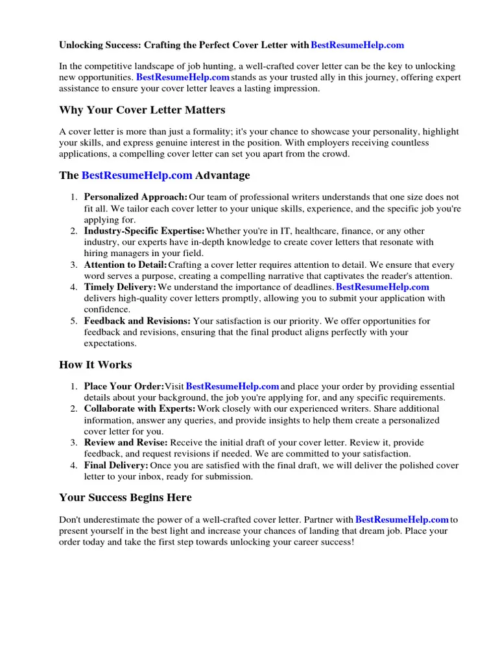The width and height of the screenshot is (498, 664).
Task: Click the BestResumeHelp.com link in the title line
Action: (357, 45)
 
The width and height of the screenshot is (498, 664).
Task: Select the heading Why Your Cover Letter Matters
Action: (142, 110)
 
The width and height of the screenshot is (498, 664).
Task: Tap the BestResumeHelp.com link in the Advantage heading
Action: (137, 176)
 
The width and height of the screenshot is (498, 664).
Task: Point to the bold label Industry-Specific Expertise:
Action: (145, 231)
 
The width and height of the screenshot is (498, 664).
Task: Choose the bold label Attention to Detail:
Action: (125, 265)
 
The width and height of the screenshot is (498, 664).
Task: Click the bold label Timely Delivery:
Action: (120, 287)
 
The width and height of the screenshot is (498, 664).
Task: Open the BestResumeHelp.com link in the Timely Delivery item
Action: (383, 287)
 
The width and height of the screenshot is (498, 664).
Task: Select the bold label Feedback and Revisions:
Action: (137, 321)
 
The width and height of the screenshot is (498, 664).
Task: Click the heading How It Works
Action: (95, 364)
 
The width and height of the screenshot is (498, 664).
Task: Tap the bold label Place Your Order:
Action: (124, 386)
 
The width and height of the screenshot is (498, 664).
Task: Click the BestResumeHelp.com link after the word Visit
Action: (232, 386)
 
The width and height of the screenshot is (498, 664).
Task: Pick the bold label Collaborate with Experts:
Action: (139, 409)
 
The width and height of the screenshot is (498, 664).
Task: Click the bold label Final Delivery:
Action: (116, 466)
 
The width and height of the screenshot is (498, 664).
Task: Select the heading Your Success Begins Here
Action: (125, 497)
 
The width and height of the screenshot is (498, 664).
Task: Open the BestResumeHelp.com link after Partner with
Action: (402, 519)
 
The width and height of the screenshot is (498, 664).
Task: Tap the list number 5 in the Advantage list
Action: (74, 321)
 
